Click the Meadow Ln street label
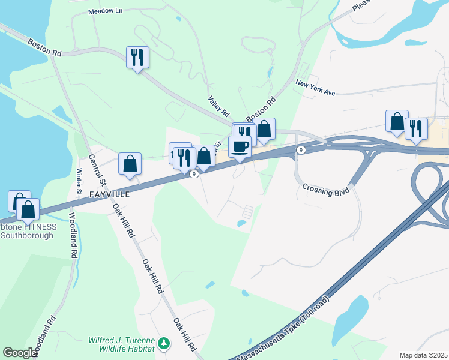pyautogui.click(x=105, y=11)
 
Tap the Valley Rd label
pyautogui.click(x=219, y=106)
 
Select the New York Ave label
pyautogui.click(x=315, y=88)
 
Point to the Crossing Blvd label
pyautogui.click(x=325, y=191)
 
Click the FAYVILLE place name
pyautogui.click(x=110, y=195)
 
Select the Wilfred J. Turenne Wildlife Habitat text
pyautogui.click(x=122, y=344)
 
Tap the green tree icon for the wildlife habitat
pyautogui.click(x=163, y=344)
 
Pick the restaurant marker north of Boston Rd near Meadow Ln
pyautogui.click(x=137, y=58)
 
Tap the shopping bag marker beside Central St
pyautogui.click(x=130, y=163)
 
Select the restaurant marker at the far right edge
pyautogui.click(x=415, y=128)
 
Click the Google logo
pyautogui.click(x=21, y=353)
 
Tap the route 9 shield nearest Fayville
pyautogui.click(x=194, y=175)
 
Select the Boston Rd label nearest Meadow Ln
pyautogui.click(x=44, y=47)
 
